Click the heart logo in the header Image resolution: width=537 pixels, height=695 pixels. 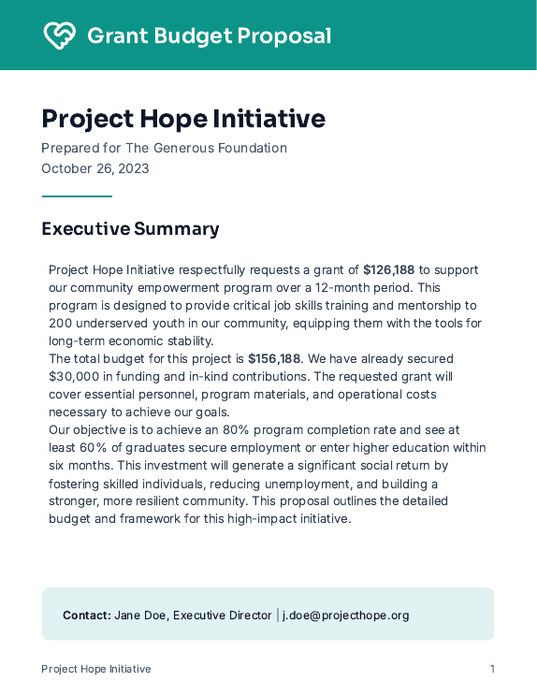(60, 36)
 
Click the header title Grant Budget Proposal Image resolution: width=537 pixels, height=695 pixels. (209, 36)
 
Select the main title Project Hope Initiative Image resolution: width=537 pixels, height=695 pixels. (183, 119)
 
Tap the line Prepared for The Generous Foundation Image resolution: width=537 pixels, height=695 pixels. (164, 148)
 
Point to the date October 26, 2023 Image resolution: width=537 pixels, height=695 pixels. (94, 168)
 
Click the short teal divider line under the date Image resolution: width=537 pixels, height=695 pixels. (77, 196)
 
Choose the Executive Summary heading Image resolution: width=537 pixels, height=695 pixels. (130, 229)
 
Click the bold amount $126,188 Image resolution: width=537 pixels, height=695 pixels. (388, 270)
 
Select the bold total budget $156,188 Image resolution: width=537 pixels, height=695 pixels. (274, 359)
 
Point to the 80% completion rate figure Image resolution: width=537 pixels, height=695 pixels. (235, 430)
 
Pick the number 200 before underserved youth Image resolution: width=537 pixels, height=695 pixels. (61, 324)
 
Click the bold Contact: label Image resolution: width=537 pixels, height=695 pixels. (87, 615)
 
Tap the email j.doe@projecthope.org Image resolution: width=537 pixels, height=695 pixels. (346, 615)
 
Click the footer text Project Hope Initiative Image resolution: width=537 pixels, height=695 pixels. (95, 669)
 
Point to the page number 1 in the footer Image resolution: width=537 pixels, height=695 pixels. (492, 669)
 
